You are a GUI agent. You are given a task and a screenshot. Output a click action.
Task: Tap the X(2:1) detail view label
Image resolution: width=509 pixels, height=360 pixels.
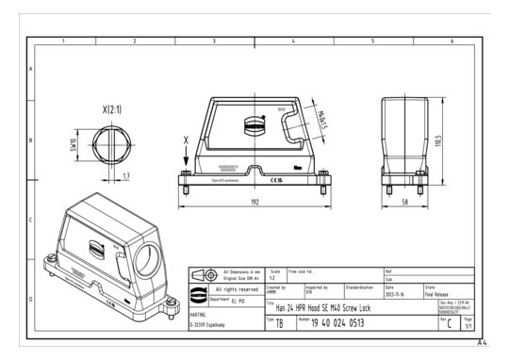103,109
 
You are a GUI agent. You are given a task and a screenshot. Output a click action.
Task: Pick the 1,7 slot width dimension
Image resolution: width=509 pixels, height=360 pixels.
126,175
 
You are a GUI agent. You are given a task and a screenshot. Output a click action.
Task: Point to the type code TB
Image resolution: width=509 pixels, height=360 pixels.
280,322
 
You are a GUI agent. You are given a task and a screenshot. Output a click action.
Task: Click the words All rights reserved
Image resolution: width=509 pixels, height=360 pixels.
233,288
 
